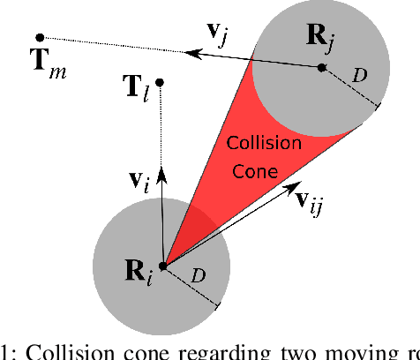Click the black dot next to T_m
click(40, 37)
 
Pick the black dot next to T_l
click(160, 82)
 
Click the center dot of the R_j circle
click(322, 66)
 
